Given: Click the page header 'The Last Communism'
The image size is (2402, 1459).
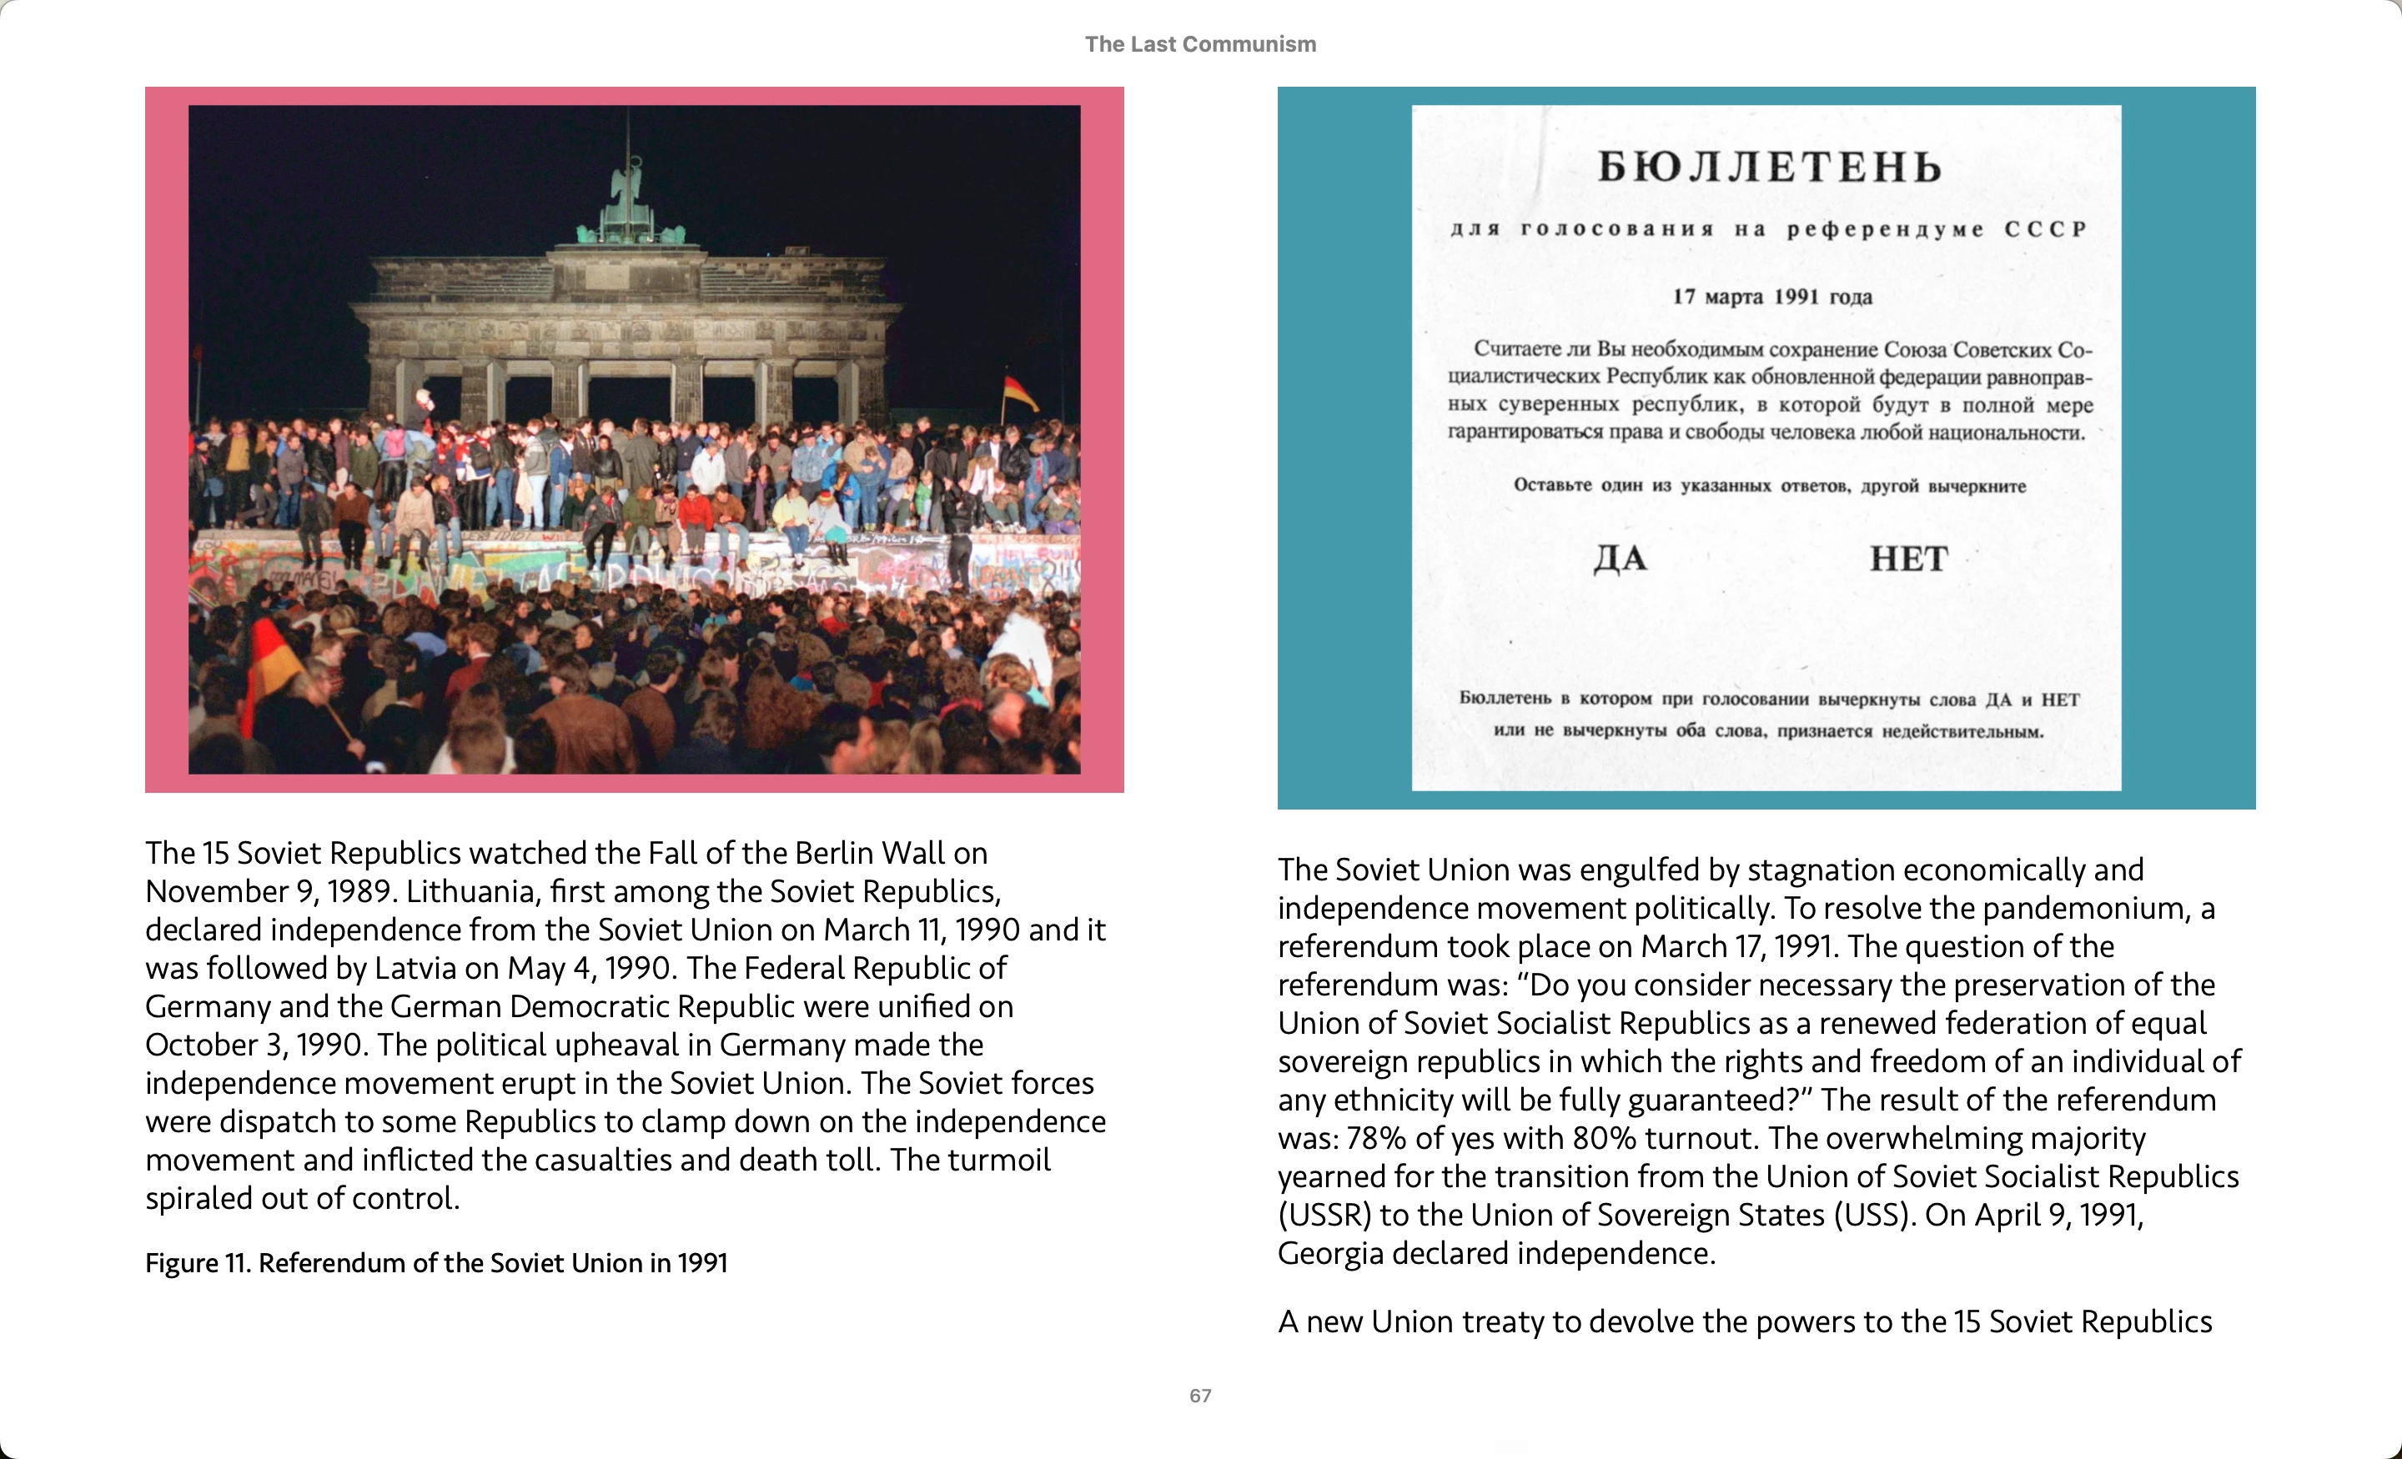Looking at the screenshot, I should (x=1200, y=44).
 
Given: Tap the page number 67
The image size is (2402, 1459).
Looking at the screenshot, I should (x=1200, y=1396).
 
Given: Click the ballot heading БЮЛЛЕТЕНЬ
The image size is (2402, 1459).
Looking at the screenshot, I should (x=1768, y=168).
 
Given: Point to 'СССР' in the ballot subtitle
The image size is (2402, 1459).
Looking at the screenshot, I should (x=2045, y=229).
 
